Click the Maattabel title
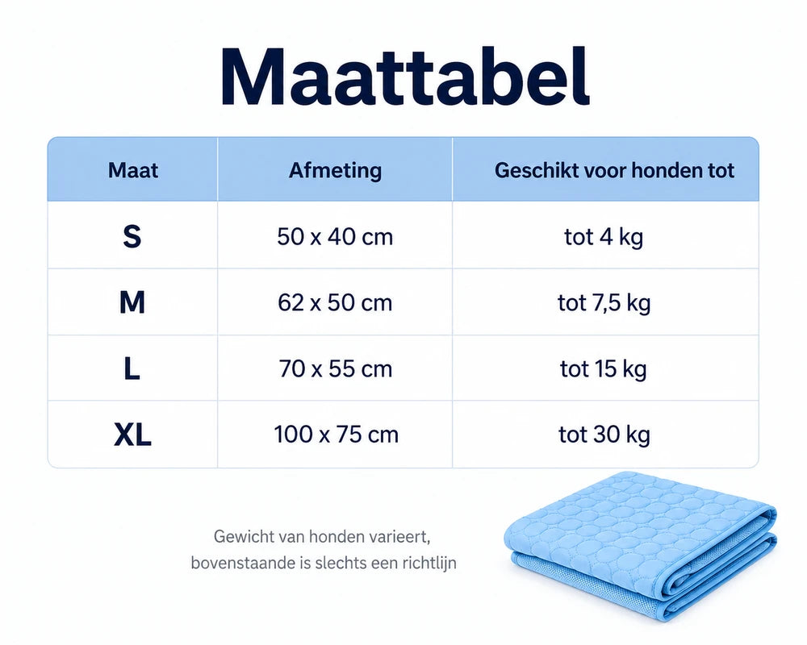click(405, 77)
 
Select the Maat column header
click(133, 170)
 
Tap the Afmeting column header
click(335, 171)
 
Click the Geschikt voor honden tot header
click(614, 171)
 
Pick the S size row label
click(132, 236)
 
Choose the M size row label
click(132, 302)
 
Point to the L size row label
click(132, 368)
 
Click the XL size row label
click(132, 435)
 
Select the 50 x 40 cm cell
click(335, 237)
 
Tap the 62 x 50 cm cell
click(335, 303)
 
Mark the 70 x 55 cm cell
click(336, 368)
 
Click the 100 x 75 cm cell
click(336, 435)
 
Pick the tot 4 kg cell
click(604, 238)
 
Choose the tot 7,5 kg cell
click(604, 303)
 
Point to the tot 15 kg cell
click(603, 369)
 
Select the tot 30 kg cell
click(604, 435)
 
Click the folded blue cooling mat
click(641, 544)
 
